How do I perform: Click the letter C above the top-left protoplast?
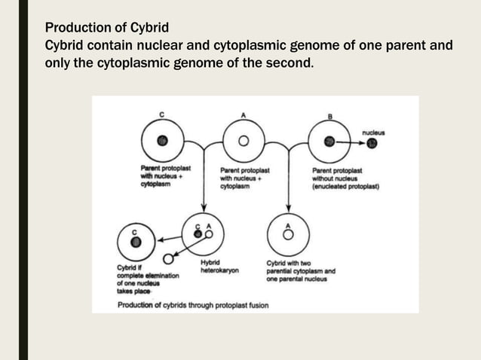tap(161, 114)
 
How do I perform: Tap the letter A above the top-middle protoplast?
tap(243, 114)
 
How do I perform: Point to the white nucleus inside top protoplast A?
tap(243, 141)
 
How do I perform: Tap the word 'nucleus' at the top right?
tap(372, 133)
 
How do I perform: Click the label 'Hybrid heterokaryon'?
tap(219, 267)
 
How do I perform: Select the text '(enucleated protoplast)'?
tap(345, 185)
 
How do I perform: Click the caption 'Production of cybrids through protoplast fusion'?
tap(192, 305)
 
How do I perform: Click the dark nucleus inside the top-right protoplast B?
tap(329, 141)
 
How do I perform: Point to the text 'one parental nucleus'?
tap(296, 279)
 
